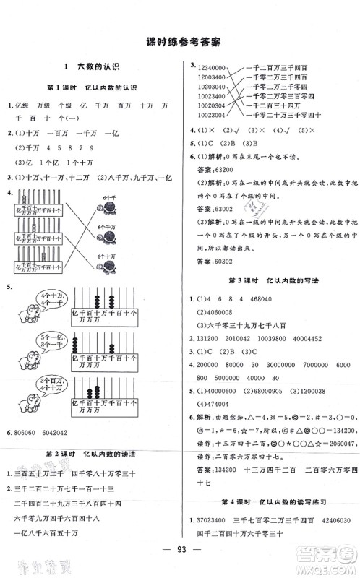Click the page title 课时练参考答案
point(180,42)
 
